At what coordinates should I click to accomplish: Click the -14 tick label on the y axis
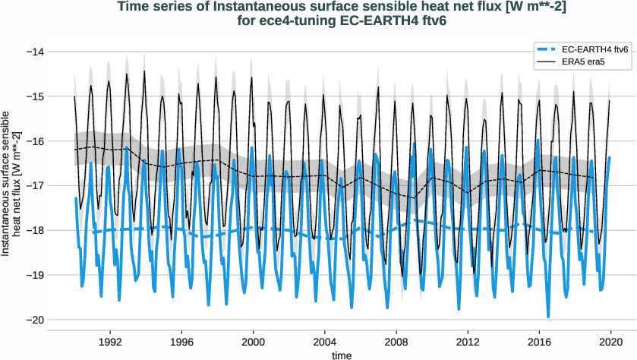point(34,52)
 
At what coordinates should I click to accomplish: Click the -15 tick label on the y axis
point(34,96)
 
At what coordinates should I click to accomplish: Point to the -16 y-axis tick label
point(34,141)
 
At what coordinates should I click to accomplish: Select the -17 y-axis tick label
point(34,185)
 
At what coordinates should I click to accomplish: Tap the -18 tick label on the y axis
point(34,230)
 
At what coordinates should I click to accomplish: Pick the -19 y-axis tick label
point(34,275)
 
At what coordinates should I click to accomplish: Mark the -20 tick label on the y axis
point(34,320)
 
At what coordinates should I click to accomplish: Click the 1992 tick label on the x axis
point(110,342)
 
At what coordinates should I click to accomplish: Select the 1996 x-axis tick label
point(181,342)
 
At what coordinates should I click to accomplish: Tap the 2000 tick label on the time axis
point(253,342)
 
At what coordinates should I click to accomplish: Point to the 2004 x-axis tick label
point(325,342)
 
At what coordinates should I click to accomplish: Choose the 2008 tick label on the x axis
point(396,342)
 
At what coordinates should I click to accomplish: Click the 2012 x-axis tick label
point(468,342)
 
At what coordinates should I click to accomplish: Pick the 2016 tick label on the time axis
point(540,342)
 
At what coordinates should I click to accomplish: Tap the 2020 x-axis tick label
point(611,342)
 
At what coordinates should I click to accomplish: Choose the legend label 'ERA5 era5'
point(583,61)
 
